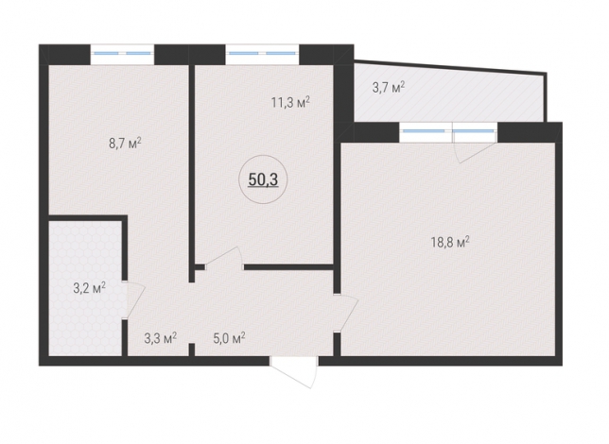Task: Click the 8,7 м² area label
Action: click(125, 144)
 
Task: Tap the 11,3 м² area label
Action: click(290, 103)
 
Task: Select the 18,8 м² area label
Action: click(450, 243)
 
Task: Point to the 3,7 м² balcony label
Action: click(389, 87)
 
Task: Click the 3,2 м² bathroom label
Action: click(89, 288)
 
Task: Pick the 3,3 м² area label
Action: click(161, 338)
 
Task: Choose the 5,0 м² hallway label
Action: click(229, 338)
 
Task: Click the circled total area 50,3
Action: click(263, 179)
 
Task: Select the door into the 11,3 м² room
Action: click(224, 257)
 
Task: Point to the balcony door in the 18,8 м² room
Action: click(477, 152)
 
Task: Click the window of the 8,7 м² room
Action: click(122, 54)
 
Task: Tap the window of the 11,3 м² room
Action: click(262, 54)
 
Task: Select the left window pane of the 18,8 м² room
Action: click(426, 132)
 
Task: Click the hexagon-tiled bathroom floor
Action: click(85, 287)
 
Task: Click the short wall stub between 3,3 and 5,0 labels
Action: click(191, 350)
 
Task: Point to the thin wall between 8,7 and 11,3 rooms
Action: click(191, 173)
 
